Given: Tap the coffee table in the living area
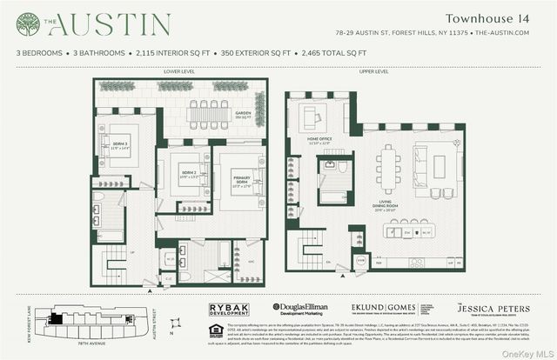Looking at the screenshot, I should coord(440,165).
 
